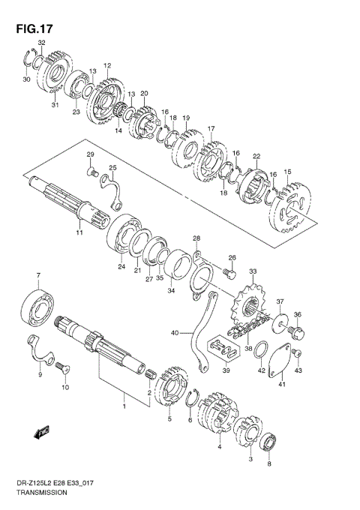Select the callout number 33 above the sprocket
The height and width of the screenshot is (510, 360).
[253, 271]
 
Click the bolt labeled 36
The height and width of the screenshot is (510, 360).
[295, 330]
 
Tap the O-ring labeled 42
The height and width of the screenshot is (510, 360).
[260, 350]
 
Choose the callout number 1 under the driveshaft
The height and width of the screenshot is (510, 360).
[124, 406]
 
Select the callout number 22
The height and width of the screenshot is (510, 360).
[256, 156]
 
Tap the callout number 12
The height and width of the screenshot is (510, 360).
[107, 66]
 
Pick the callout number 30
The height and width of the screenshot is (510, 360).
[26, 79]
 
